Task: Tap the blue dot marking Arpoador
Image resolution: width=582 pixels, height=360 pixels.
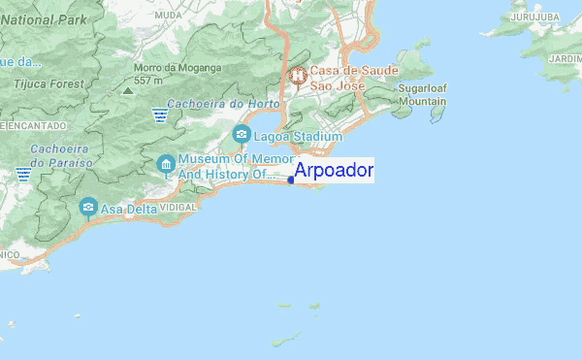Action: pos(292,179)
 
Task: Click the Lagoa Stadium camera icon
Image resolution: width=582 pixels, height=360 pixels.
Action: pos(241,136)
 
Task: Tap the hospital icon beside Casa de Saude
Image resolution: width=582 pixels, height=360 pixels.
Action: pos(297,74)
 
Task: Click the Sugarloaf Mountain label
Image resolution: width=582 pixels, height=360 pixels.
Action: pos(422,94)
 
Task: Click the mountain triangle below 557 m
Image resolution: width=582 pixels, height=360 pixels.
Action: pos(128,89)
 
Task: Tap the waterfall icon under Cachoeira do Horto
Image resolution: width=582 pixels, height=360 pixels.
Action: pos(160,115)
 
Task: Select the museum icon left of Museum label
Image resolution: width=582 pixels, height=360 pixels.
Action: pos(166,164)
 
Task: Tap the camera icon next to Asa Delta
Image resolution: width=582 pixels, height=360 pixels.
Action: pos(88,207)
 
